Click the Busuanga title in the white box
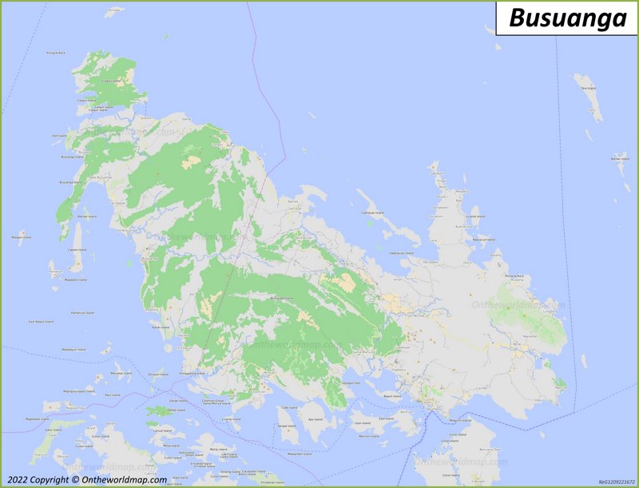(x=568, y=18)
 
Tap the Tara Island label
(x=588, y=87)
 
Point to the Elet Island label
(x=58, y=136)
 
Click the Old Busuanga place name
(x=128, y=231)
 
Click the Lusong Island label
(x=231, y=419)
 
